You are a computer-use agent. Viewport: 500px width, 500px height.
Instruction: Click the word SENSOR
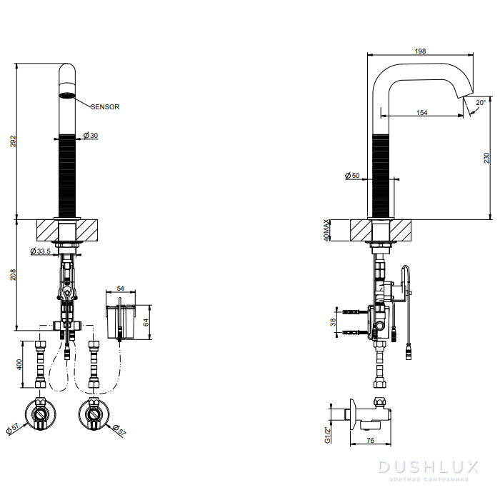[x=105, y=106]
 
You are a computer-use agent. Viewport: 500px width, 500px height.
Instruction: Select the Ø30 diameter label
[x=91, y=136]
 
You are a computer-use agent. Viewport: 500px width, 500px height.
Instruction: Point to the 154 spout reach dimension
[x=421, y=112]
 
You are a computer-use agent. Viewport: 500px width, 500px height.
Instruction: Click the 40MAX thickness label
[x=327, y=231]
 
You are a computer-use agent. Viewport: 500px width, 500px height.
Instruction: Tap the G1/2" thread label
[x=327, y=434]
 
